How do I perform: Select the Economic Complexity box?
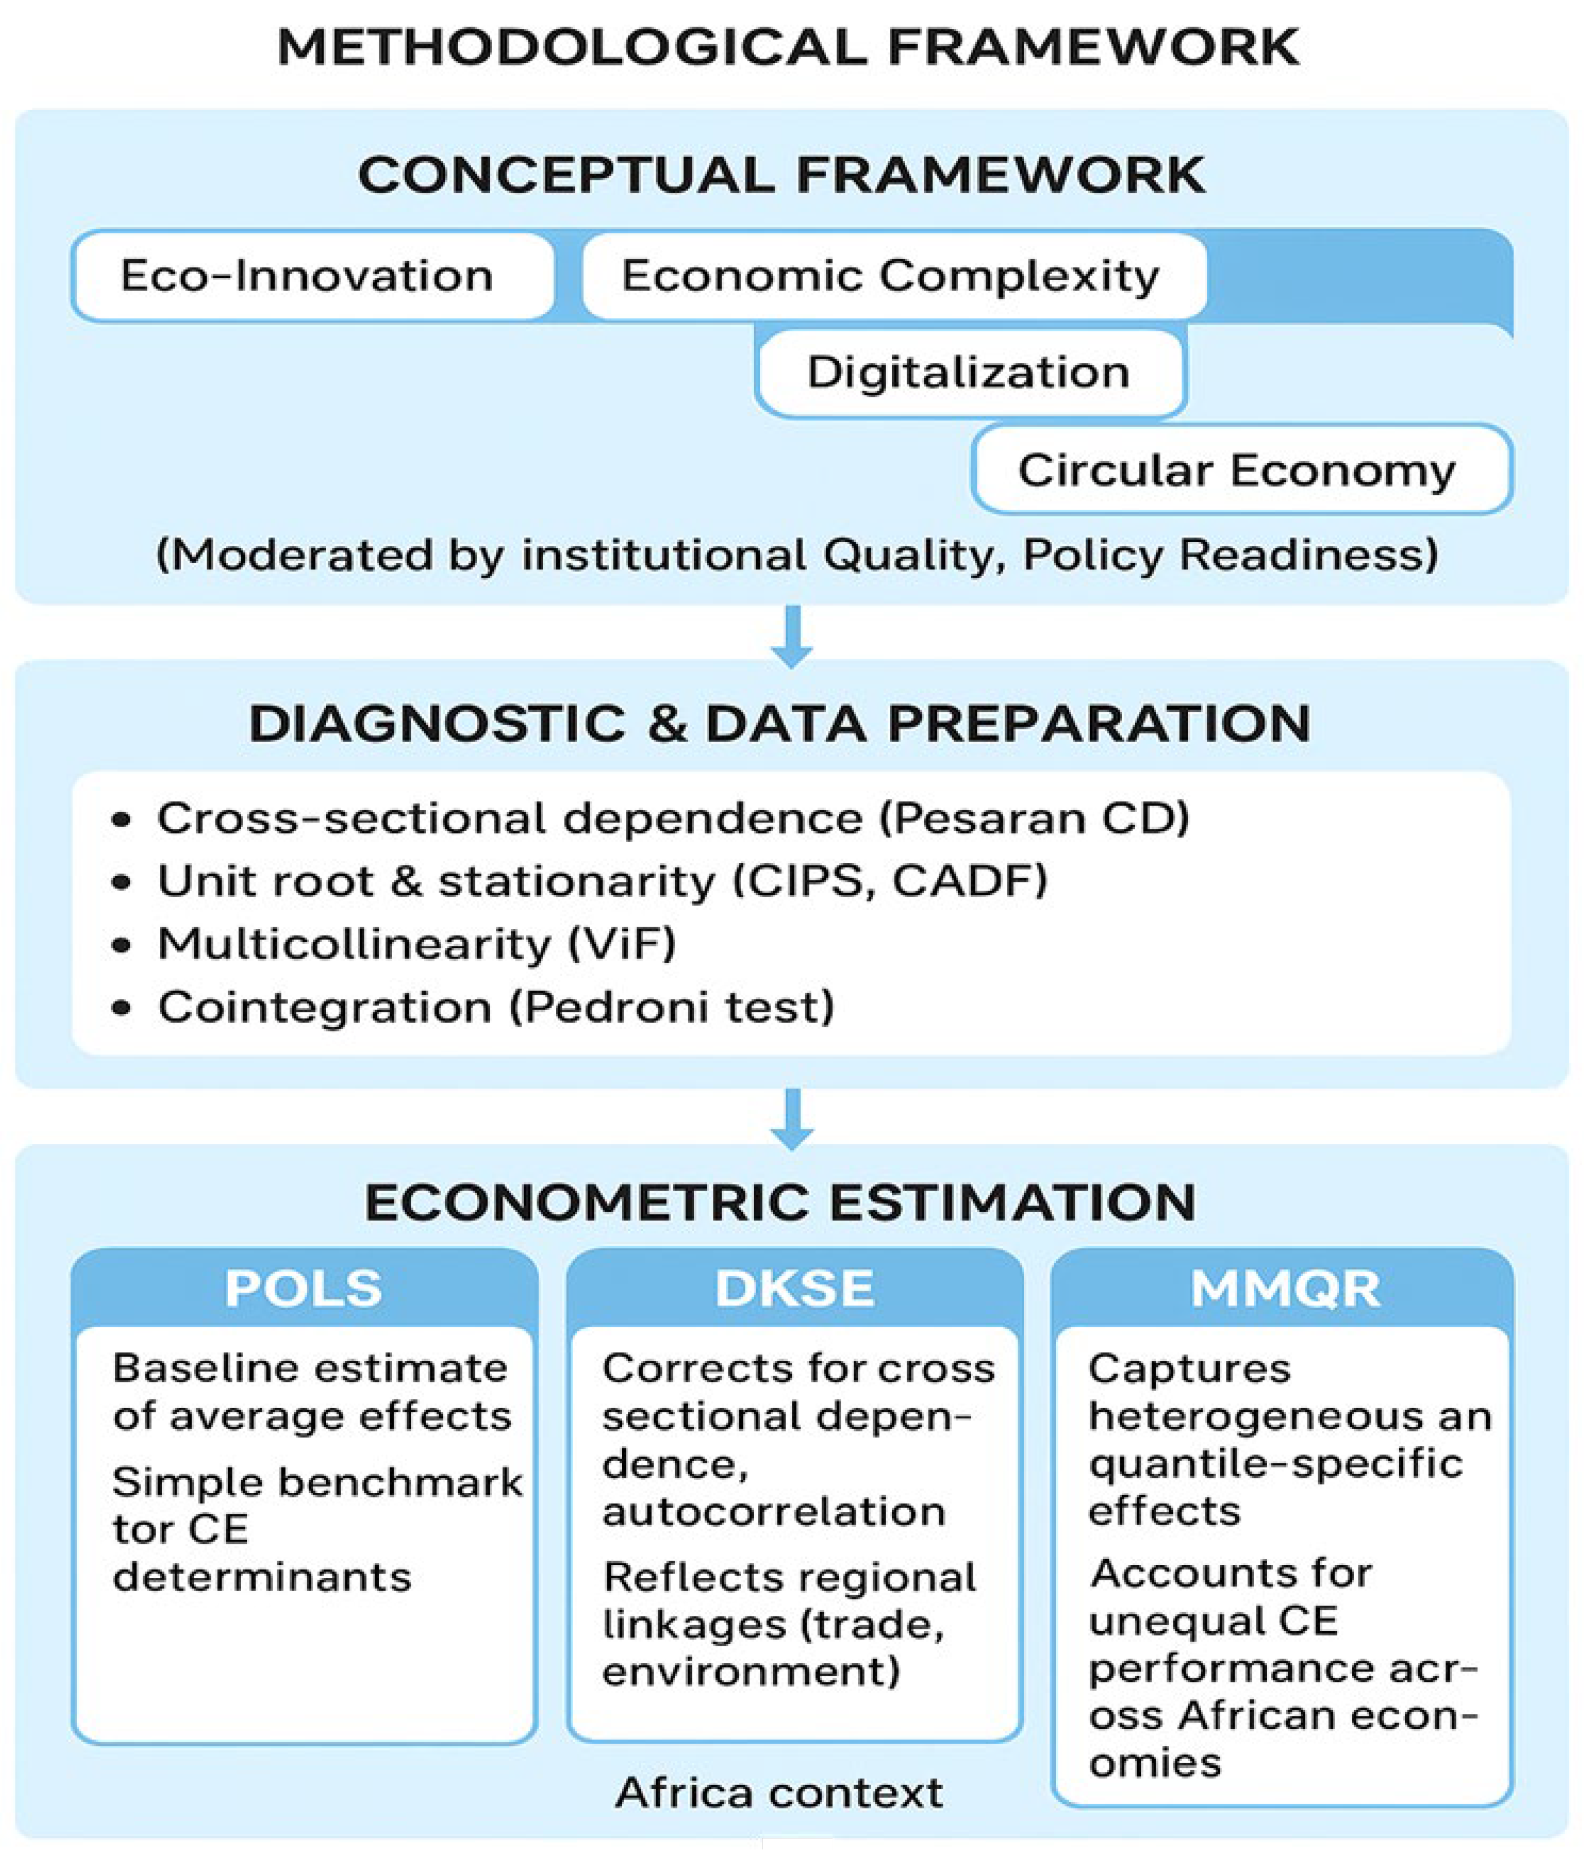892,276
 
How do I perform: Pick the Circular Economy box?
1240,470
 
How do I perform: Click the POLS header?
303,1288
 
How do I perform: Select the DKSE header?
794,1288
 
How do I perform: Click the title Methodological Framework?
789,47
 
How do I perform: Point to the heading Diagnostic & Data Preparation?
780,723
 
